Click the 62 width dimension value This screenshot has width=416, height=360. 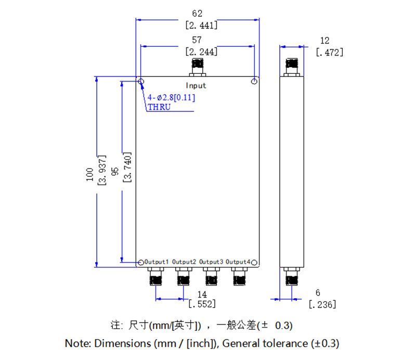point(197,13)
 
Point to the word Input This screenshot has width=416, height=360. point(196,85)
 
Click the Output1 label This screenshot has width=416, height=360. point(157,261)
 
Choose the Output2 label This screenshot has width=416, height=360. point(184,261)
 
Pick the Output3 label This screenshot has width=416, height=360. point(211,261)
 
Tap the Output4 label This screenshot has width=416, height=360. point(238,261)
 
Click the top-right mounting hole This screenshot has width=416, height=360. point(254,82)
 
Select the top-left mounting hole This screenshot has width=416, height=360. point(141,82)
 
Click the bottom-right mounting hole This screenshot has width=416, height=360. point(254,262)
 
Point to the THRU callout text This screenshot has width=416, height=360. point(158,108)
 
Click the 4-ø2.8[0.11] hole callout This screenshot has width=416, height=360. point(171,98)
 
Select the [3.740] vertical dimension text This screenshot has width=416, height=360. point(127,168)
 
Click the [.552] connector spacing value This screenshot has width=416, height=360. point(201,304)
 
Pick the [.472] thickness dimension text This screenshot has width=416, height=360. point(330,52)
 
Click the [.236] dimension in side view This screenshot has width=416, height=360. point(322,304)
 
